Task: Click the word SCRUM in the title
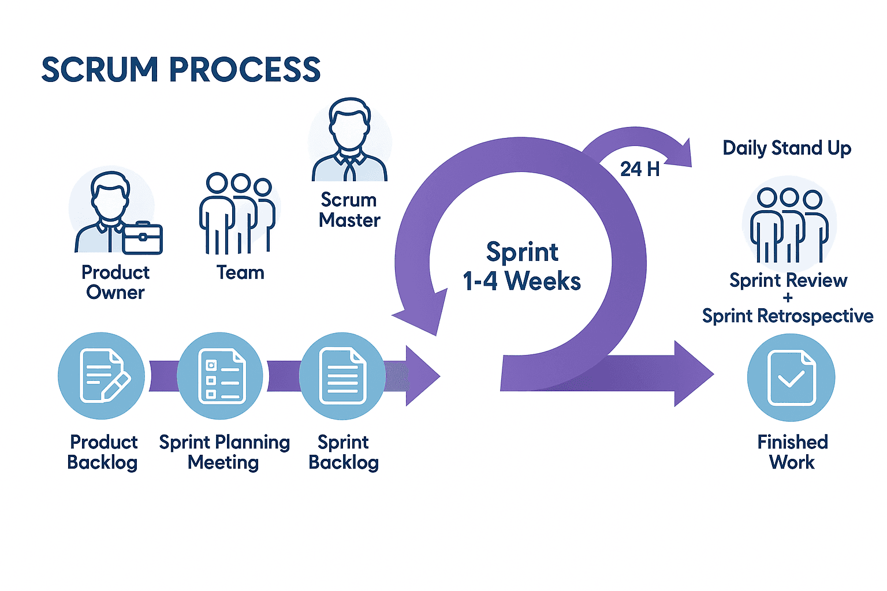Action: pyautogui.click(x=99, y=70)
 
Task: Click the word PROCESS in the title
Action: pyautogui.click(x=244, y=70)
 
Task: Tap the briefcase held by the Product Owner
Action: pyautogui.click(x=142, y=238)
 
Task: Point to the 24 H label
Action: pyautogui.click(x=639, y=169)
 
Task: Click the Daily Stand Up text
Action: pyautogui.click(x=787, y=148)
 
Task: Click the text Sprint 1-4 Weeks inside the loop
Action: pyautogui.click(x=521, y=267)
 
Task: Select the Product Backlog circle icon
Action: pyautogui.click(x=102, y=376)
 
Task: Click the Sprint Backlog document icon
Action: pyautogui.click(x=342, y=376)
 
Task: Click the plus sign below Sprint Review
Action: pyautogui.click(x=788, y=298)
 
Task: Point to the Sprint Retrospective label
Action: pyautogui.click(x=787, y=316)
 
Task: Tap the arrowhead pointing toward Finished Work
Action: pyautogui.click(x=693, y=374)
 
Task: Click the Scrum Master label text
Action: pyautogui.click(x=349, y=210)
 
